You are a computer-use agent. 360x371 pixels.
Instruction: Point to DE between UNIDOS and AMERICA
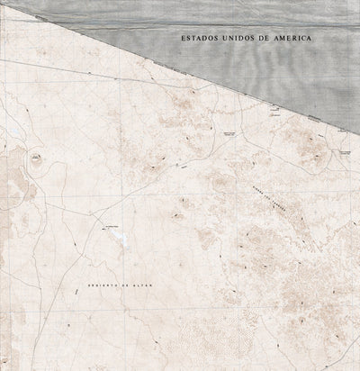(x=267, y=40)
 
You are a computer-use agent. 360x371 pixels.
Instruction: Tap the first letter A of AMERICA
(x=281, y=40)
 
